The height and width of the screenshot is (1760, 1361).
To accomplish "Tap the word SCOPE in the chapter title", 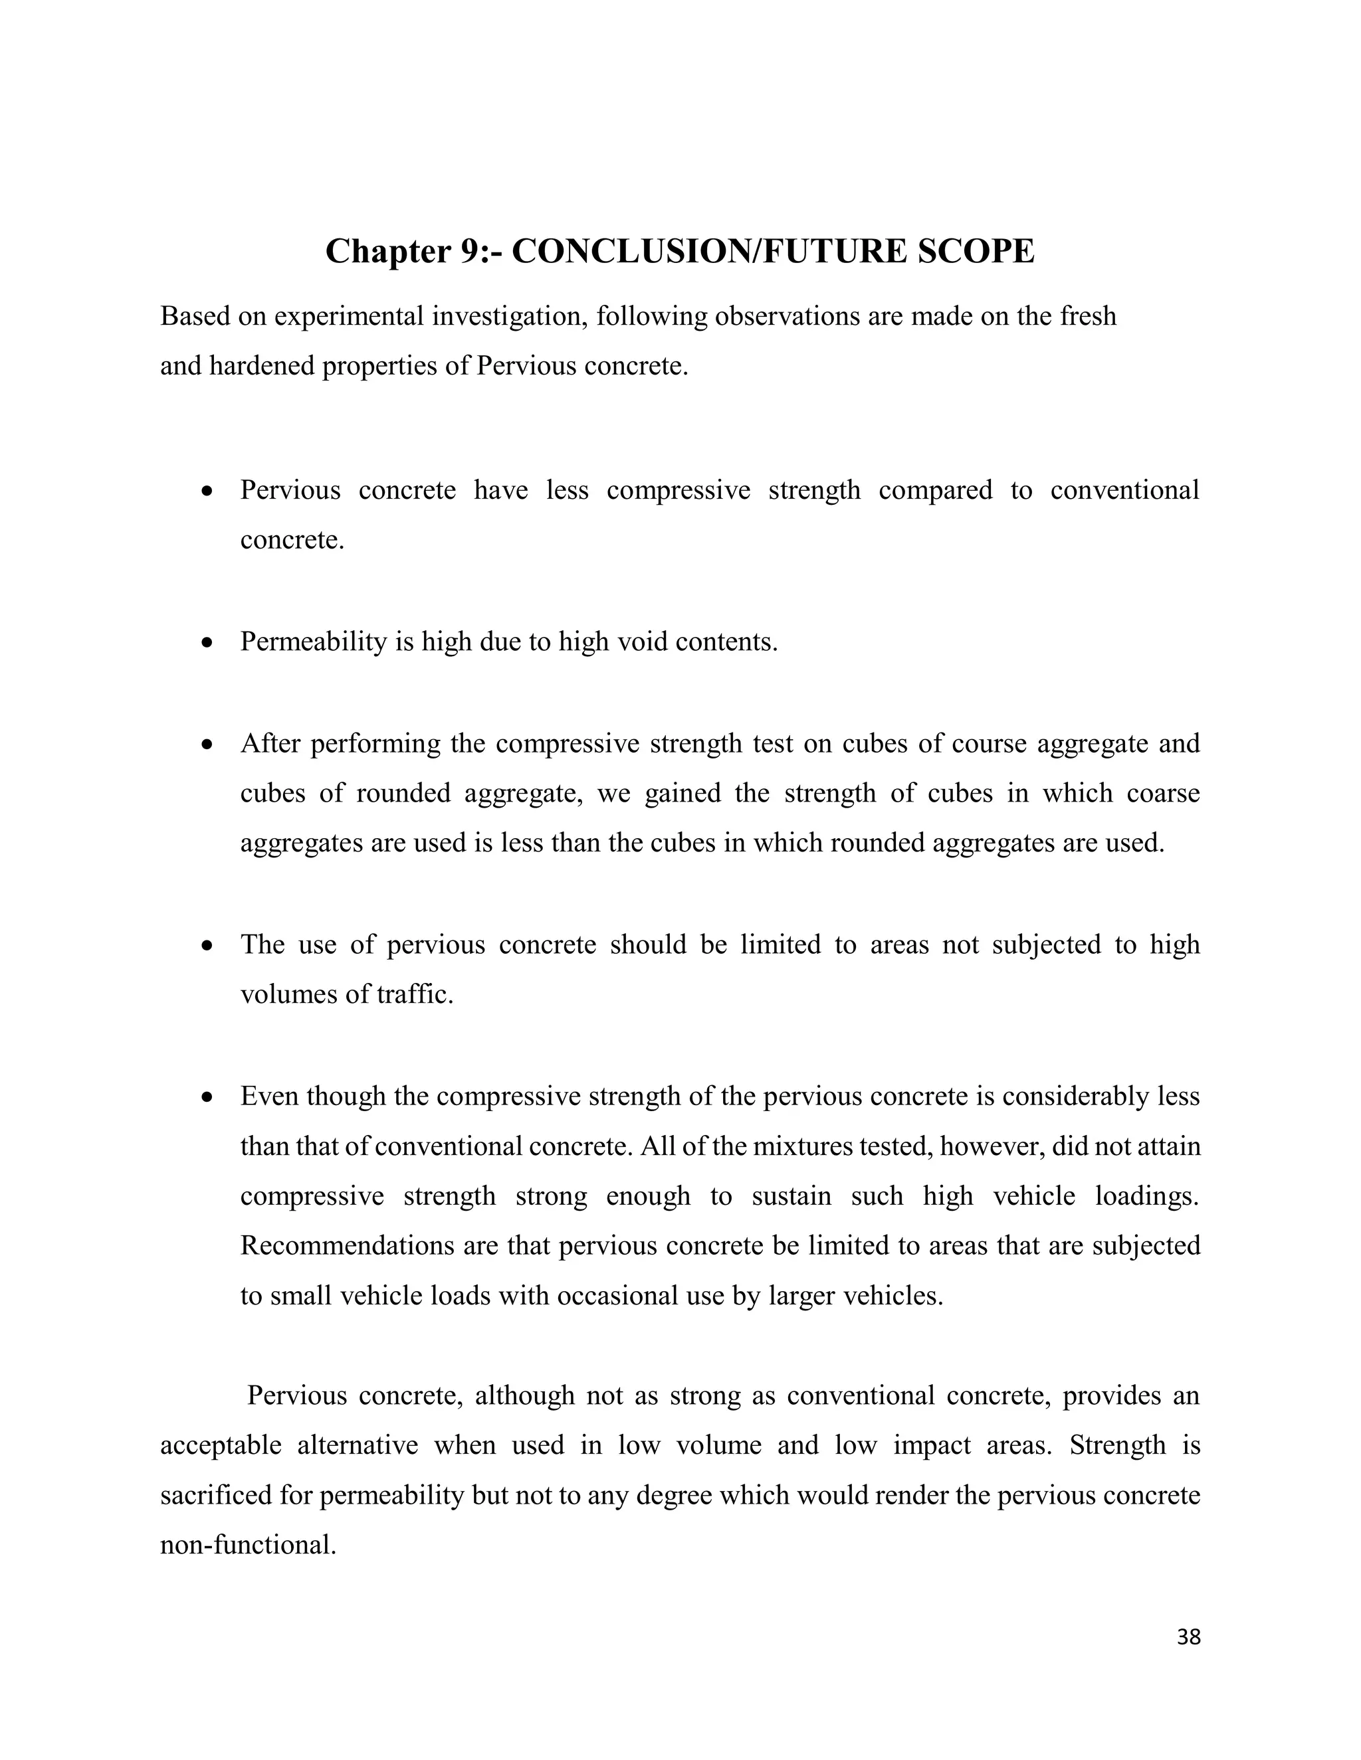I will [976, 252].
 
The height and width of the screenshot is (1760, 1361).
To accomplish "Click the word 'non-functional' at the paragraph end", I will [247, 1545].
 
